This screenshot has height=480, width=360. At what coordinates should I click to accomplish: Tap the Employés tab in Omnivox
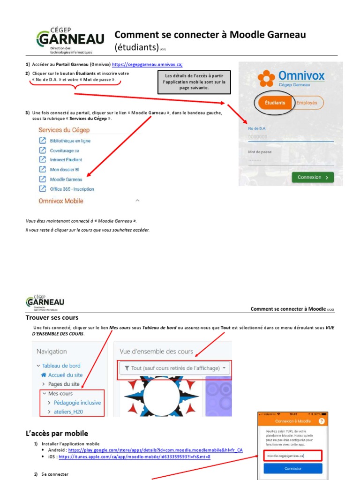tap(307, 103)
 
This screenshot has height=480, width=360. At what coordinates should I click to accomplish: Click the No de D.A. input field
tap(291, 137)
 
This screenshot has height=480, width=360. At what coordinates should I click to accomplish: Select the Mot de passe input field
tap(291, 160)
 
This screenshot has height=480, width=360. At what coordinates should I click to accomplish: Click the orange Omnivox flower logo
tap(267, 78)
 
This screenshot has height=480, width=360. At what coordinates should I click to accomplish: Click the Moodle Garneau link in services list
tap(66, 180)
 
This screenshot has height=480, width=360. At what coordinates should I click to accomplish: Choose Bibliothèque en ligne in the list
tap(70, 141)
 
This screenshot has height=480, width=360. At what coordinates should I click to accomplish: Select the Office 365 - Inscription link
tap(72, 189)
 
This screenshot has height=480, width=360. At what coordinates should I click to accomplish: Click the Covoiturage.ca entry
tap(64, 150)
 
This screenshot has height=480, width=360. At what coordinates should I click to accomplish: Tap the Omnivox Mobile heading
tap(61, 201)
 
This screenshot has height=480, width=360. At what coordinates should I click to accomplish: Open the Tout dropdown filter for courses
tap(174, 368)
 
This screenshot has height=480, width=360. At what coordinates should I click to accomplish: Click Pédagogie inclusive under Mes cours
tap(77, 403)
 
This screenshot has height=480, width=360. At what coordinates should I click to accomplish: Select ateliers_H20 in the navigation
tap(72, 412)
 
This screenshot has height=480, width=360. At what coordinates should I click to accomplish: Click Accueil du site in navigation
tap(65, 375)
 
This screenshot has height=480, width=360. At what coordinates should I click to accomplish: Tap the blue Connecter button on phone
tap(292, 468)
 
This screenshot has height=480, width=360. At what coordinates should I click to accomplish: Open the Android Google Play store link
tap(155, 450)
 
